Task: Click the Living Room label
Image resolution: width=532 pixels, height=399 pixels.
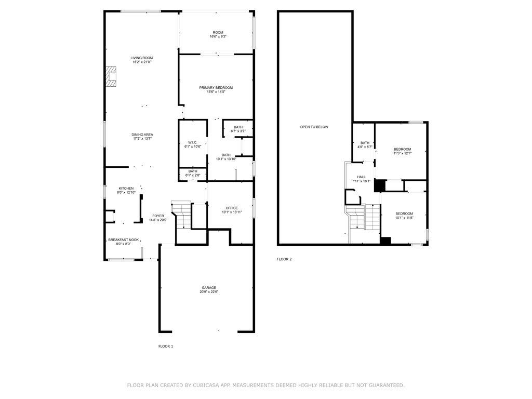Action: click(x=142, y=58)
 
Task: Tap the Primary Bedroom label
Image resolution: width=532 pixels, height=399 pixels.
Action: click(x=216, y=88)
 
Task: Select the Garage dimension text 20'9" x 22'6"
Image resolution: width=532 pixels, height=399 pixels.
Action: click(x=209, y=292)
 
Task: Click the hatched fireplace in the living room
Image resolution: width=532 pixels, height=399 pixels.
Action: click(x=111, y=76)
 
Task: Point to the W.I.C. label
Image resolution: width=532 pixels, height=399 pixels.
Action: click(x=193, y=142)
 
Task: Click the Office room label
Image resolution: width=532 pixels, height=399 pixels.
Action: click(x=232, y=208)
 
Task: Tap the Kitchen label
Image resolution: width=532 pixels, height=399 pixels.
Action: click(x=126, y=189)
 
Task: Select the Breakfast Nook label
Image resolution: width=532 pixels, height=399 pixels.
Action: click(x=124, y=240)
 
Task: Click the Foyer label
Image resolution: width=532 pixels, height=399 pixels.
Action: click(x=158, y=216)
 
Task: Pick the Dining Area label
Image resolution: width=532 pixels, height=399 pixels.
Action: click(x=142, y=135)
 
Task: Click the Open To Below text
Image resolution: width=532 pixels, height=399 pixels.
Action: click(x=314, y=127)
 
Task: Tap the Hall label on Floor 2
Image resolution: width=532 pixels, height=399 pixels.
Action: click(x=362, y=177)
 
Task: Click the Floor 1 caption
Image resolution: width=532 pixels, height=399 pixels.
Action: click(x=166, y=347)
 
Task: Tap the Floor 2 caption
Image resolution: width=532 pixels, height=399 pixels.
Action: click(x=284, y=260)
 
